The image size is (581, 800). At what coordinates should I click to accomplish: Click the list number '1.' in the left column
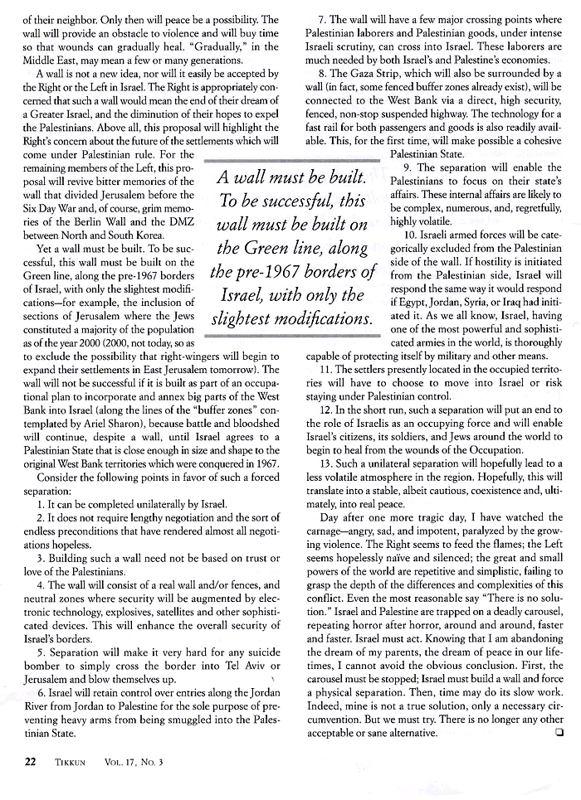coord(41,504)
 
